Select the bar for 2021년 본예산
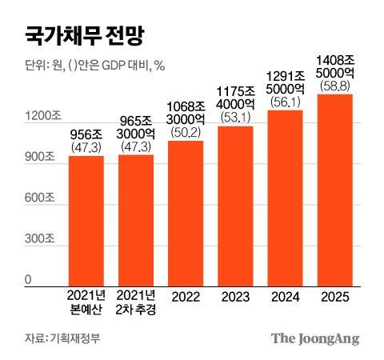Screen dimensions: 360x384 86,220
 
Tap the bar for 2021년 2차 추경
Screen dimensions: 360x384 136,219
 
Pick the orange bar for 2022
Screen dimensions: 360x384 186,213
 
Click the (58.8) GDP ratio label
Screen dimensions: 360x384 335,84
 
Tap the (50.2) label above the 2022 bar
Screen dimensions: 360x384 186,132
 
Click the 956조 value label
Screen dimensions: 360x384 86,135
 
